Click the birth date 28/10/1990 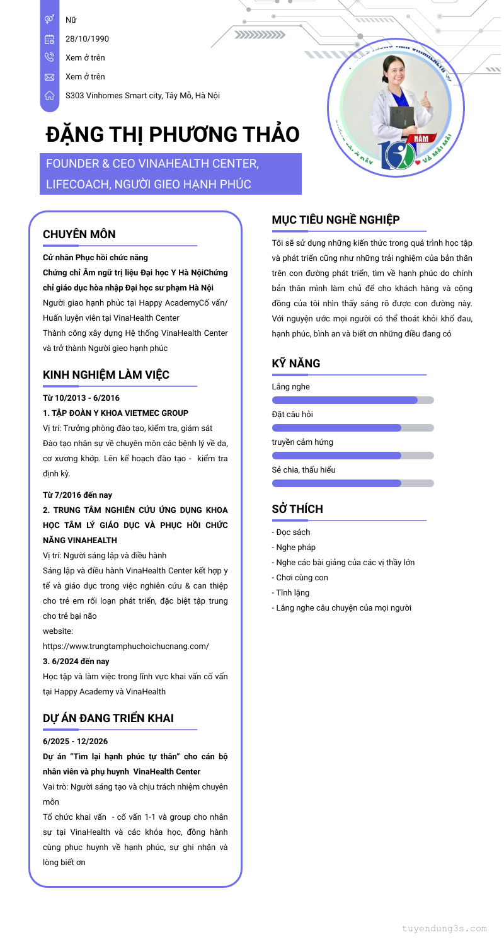[x=87, y=39]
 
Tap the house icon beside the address [x=50, y=96]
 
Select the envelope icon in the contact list [x=50, y=77]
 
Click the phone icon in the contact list [x=50, y=57]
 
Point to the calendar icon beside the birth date [x=50, y=39]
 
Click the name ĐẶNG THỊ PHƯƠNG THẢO [x=173, y=134]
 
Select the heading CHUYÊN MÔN [x=79, y=234]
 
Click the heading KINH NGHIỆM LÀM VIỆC [x=106, y=375]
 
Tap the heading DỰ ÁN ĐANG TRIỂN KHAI [x=108, y=718]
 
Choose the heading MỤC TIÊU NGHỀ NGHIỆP [x=336, y=220]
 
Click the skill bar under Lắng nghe [x=353, y=400]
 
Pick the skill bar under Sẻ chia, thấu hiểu [x=353, y=483]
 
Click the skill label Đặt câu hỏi [x=292, y=415]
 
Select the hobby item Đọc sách [x=292, y=532]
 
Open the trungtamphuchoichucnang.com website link [x=126, y=646]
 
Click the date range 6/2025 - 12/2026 [x=75, y=742]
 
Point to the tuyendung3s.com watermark [x=445, y=929]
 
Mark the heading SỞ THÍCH [x=297, y=509]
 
